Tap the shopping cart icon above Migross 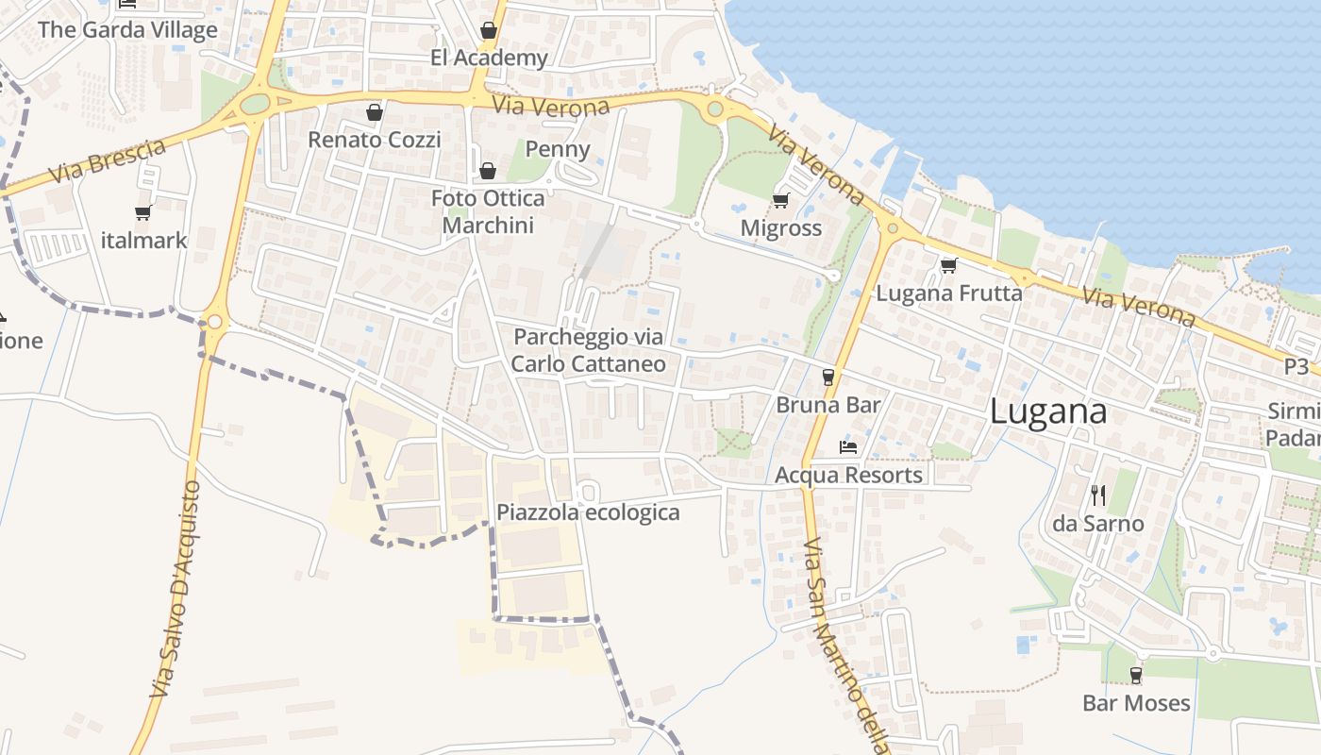(780, 200)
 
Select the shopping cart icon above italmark (143, 212)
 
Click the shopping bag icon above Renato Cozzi (375, 112)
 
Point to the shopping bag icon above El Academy (488, 30)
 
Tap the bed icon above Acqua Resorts (848, 446)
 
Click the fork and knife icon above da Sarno (1097, 495)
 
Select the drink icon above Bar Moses (1136, 675)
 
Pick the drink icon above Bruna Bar (828, 377)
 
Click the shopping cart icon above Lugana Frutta (948, 265)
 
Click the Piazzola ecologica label (588, 512)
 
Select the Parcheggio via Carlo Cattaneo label (589, 350)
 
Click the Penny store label (558, 149)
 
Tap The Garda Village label (127, 30)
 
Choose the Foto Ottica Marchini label (488, 211)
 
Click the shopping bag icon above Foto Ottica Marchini (488, 171)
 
